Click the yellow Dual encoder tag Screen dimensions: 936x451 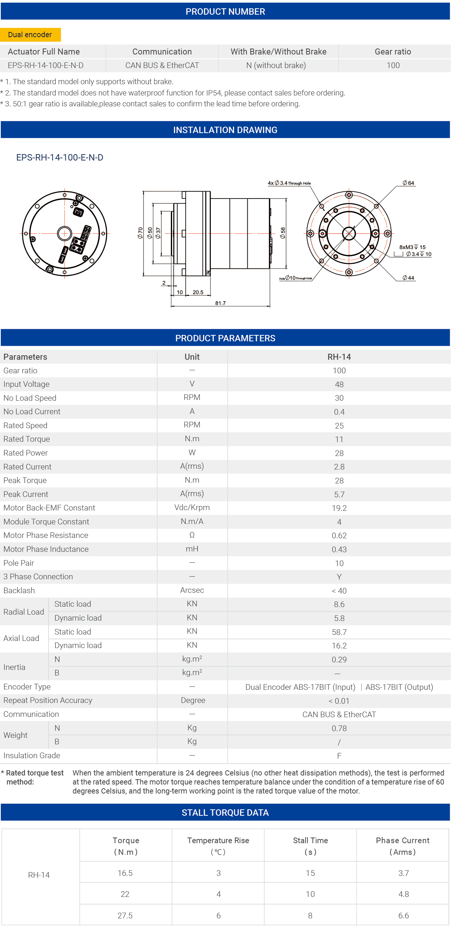tap(30, 35)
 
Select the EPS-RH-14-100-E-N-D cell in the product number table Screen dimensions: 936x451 tap(45, 65)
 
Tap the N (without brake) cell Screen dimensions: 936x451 tap(276, 65)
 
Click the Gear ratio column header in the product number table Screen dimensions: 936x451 tap(393, 51)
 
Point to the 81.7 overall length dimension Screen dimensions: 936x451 tap(221, 303)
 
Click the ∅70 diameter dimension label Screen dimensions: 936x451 tap(140, 233)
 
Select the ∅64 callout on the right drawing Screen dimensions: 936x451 tap(409, 183)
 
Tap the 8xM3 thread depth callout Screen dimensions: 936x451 tap(412, 247)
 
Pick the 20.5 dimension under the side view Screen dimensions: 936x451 tap(198, 292)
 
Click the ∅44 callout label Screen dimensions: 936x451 tap(409, 278)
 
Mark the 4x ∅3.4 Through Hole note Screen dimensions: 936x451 tap(289, 183)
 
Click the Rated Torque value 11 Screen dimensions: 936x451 tap(339, 439)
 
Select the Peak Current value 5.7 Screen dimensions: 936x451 tap(339, 494)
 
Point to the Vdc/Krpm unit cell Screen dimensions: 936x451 tap(192, 507)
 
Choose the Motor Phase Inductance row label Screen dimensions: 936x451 tap(46, 549)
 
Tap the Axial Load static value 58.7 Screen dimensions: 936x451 tap(339, 632)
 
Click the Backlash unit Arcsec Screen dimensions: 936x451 tap(192, 590)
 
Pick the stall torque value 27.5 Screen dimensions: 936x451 tap(125, 915)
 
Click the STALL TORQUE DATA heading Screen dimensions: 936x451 tap(225, 813)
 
